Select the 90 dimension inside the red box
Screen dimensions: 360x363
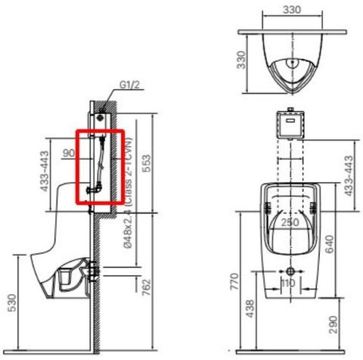coord(68,153)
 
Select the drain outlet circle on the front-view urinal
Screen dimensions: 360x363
coord(290,272)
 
